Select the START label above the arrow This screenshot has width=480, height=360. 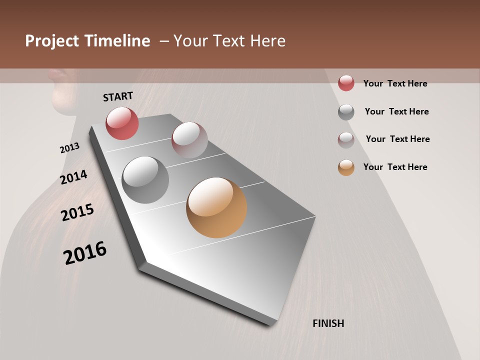coord(118,96)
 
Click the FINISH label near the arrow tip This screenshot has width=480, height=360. coord(328,323)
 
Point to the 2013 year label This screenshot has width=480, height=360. coord(69,148)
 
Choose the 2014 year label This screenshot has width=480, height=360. coord(73,177)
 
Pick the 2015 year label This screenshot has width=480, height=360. coord(77,212)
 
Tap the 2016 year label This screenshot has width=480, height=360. coord(85,253)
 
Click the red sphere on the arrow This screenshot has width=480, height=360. coord(122,123)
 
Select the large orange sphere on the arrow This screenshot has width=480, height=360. coord(216,207)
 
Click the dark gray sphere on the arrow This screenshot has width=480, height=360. coord(145,179)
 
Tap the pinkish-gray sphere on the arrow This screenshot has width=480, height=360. coord(189,140)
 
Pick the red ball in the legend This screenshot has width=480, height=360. coord(346,83)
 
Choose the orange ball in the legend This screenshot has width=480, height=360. coord(346,167)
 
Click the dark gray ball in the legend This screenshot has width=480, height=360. coord(346,112)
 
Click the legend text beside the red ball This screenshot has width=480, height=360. coord(395,83)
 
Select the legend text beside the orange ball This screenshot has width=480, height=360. coord(395,167)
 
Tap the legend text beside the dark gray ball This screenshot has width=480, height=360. coord(396,111)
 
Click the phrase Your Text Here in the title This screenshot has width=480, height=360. coord(229,41)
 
